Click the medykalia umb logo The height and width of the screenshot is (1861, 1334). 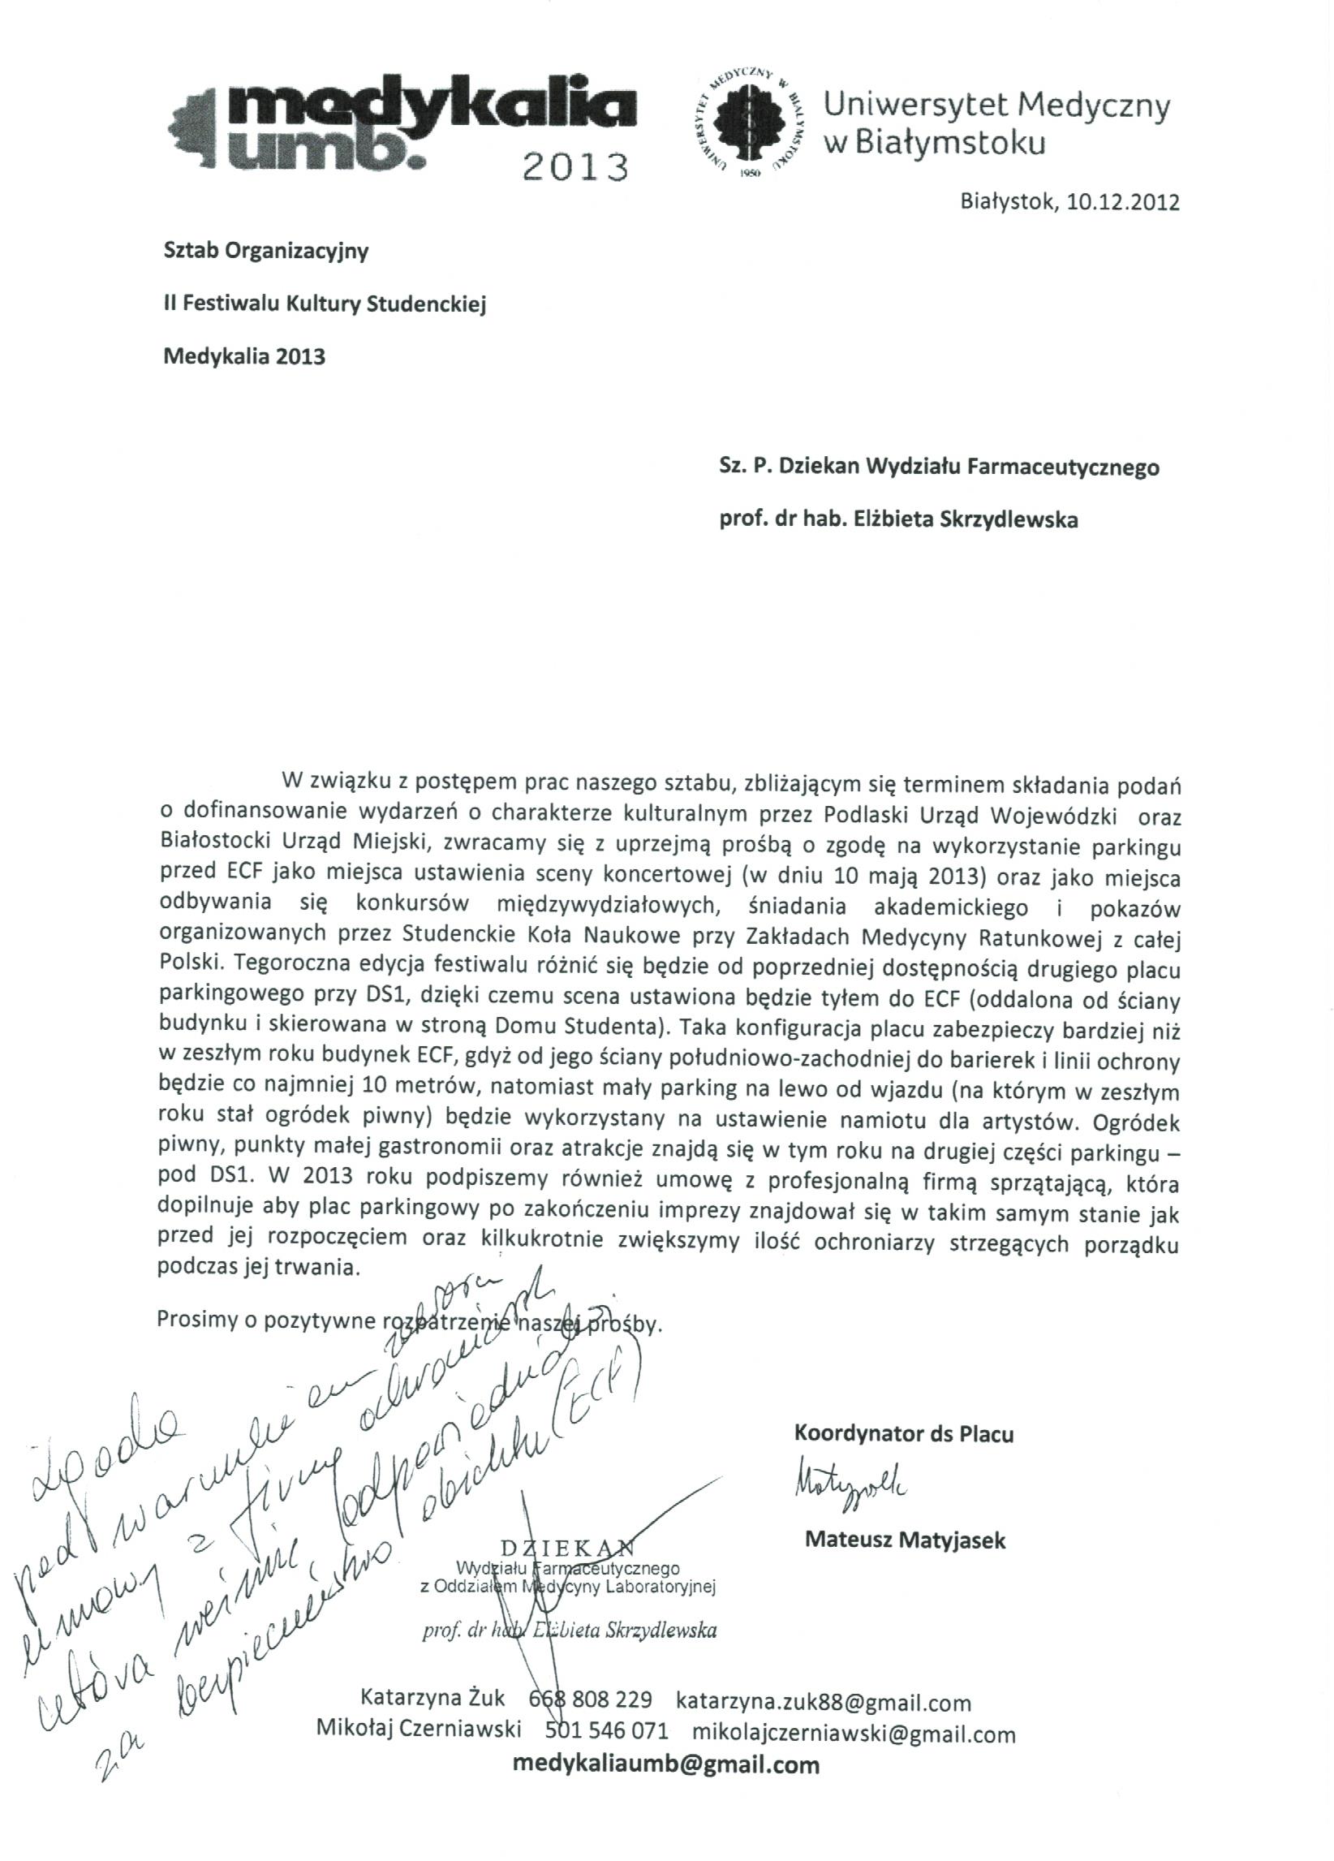[x=402, y=123]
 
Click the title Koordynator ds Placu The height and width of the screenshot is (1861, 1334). [x=903, y=1433]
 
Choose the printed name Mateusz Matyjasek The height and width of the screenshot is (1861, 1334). [x=905, y=1540]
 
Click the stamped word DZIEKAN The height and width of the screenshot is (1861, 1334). [x=567, y=1548]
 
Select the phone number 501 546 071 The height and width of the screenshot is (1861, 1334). [x=606, y=1731]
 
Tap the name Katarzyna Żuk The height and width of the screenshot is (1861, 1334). [x=432, y=1699]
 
